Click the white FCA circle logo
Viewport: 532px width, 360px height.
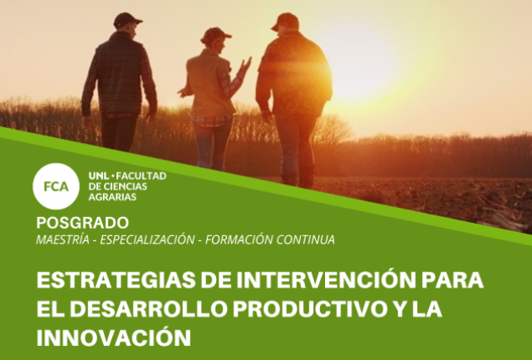click(56, 186)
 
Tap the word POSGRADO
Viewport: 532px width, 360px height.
click(82, 223)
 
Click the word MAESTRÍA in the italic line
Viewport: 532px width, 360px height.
click(63, 239)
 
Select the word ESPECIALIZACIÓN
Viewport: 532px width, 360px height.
click(147, 239)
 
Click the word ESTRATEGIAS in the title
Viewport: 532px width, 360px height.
click(116, 280)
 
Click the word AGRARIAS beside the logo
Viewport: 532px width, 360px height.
click(112, 197)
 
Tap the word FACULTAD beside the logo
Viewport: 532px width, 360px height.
click(141, 176)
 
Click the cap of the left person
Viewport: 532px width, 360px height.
click(127, 20)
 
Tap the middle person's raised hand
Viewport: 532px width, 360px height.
click(245, 66)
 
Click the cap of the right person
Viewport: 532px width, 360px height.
click(285, 21)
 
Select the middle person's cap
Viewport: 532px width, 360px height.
click(215, 35)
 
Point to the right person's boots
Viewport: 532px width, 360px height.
click(298, 177)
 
